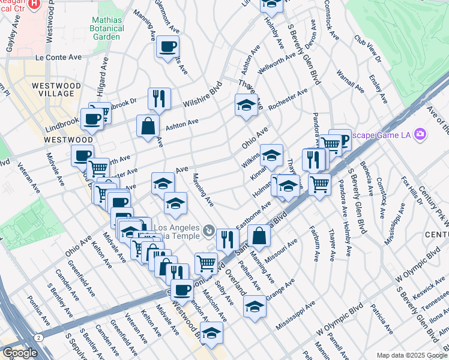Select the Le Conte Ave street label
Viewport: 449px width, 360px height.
tap(59, 58)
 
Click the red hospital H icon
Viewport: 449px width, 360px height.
tap(34, 3)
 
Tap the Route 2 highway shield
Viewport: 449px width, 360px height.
tap(38, 338)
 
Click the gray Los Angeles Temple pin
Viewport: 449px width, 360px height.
tap(208, 229)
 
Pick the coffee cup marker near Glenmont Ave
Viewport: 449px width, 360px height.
tap(167, 46)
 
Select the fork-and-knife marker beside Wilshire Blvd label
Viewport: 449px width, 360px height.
tap(159, 98)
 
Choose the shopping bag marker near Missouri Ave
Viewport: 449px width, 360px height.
tap(259, 236)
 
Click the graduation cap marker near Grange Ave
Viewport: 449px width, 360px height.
tap(255, 306)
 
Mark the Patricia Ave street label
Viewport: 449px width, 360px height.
tap(382, 320)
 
